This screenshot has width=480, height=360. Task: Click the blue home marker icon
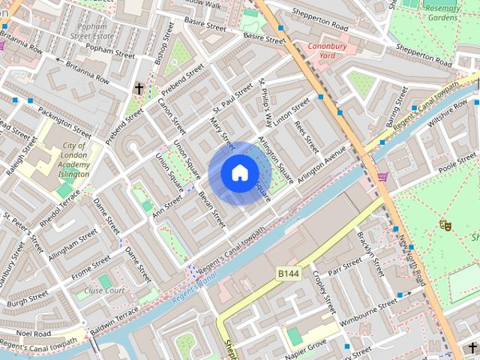coord(239,173)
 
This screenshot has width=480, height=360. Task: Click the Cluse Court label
coord(104,290)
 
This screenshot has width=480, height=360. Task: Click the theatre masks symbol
coord(445,223)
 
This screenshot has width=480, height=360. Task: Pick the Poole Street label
coord(457,166)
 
